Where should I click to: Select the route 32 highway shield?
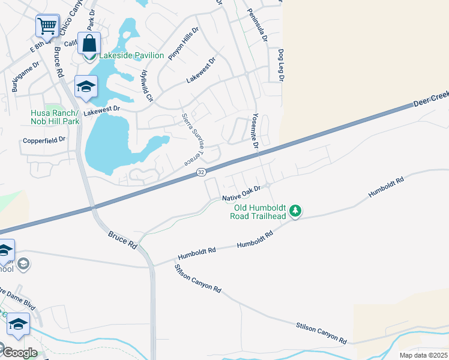(x=200, y=172)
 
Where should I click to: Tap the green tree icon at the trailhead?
(x=295, y=211)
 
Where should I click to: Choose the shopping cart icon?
(x=47, y=26)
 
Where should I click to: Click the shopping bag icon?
(x=89, y=44)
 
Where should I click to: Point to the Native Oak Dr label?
(x=243, y=193)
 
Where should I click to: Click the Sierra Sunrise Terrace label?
(x=193, y=139)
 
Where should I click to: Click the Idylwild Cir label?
(x=147, y=84)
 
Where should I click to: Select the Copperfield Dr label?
(x=44, y=140)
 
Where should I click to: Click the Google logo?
(x=19, y=352)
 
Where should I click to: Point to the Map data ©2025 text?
(x=423, y=355)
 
